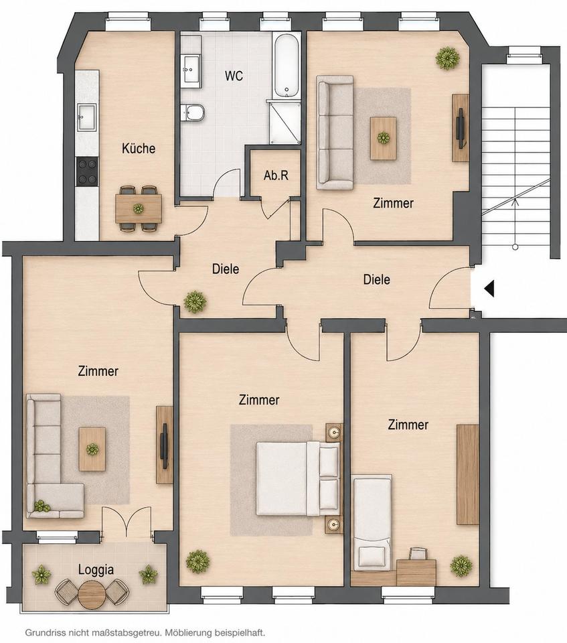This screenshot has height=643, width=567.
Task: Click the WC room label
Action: (x=234, y=76)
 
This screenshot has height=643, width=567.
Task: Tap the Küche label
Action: (x=139, y=148)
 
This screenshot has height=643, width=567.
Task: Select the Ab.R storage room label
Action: (x=276, y=175)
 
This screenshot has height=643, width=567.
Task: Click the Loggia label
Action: (x=96, y=570)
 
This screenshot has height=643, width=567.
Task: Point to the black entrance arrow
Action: (x=489, y=288)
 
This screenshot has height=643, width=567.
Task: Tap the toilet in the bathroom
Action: (x=192, y=112)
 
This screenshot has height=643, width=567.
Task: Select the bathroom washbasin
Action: (x=191, y=70)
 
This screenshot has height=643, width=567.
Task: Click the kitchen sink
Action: (x=87, y=117)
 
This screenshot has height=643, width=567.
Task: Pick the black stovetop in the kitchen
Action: (x=87, y=171)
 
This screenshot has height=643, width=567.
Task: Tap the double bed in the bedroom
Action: (x=298, y=478)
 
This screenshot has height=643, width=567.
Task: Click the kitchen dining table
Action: (x=138, y=209)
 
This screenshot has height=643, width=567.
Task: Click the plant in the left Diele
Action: (x=195, y=302)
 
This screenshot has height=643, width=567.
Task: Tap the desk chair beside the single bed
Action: (x=418, y=554)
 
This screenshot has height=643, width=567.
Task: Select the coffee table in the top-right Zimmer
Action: (x=384, y=138)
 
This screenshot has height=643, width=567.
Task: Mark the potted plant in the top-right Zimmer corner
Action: (x=447, y=58)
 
